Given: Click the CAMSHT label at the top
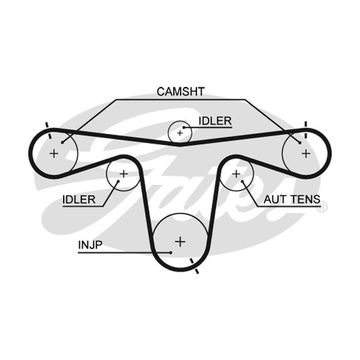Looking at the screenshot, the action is pos(181,92).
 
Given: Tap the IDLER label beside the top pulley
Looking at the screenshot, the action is pos(215,121).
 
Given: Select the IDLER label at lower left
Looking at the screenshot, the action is pos(79,200).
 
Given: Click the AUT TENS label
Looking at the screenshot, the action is pos(292,199).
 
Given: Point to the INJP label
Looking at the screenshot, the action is pos(90,245).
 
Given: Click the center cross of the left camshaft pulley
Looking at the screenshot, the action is pos(54,153).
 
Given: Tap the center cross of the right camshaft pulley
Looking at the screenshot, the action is pos(306,153).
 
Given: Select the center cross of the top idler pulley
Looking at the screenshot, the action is pos(180,133).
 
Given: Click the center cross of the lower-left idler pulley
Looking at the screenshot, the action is pos(124,174).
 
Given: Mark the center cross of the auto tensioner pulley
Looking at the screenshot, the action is pos(236,174).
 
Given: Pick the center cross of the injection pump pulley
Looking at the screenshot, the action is pos(180,242).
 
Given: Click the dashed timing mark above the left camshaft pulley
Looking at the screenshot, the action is pos(48,131).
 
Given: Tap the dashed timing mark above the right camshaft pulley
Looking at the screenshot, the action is pos(305,130).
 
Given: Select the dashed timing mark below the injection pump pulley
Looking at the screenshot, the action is pos(194,266).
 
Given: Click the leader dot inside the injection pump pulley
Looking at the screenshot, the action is pos(171,253).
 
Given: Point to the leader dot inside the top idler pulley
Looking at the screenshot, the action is pos(184,127).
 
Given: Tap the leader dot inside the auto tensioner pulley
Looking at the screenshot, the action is pos(242,182).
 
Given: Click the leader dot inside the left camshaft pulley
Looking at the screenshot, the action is pos(62,142).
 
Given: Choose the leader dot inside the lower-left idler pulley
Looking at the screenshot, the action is pos(118,182).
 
